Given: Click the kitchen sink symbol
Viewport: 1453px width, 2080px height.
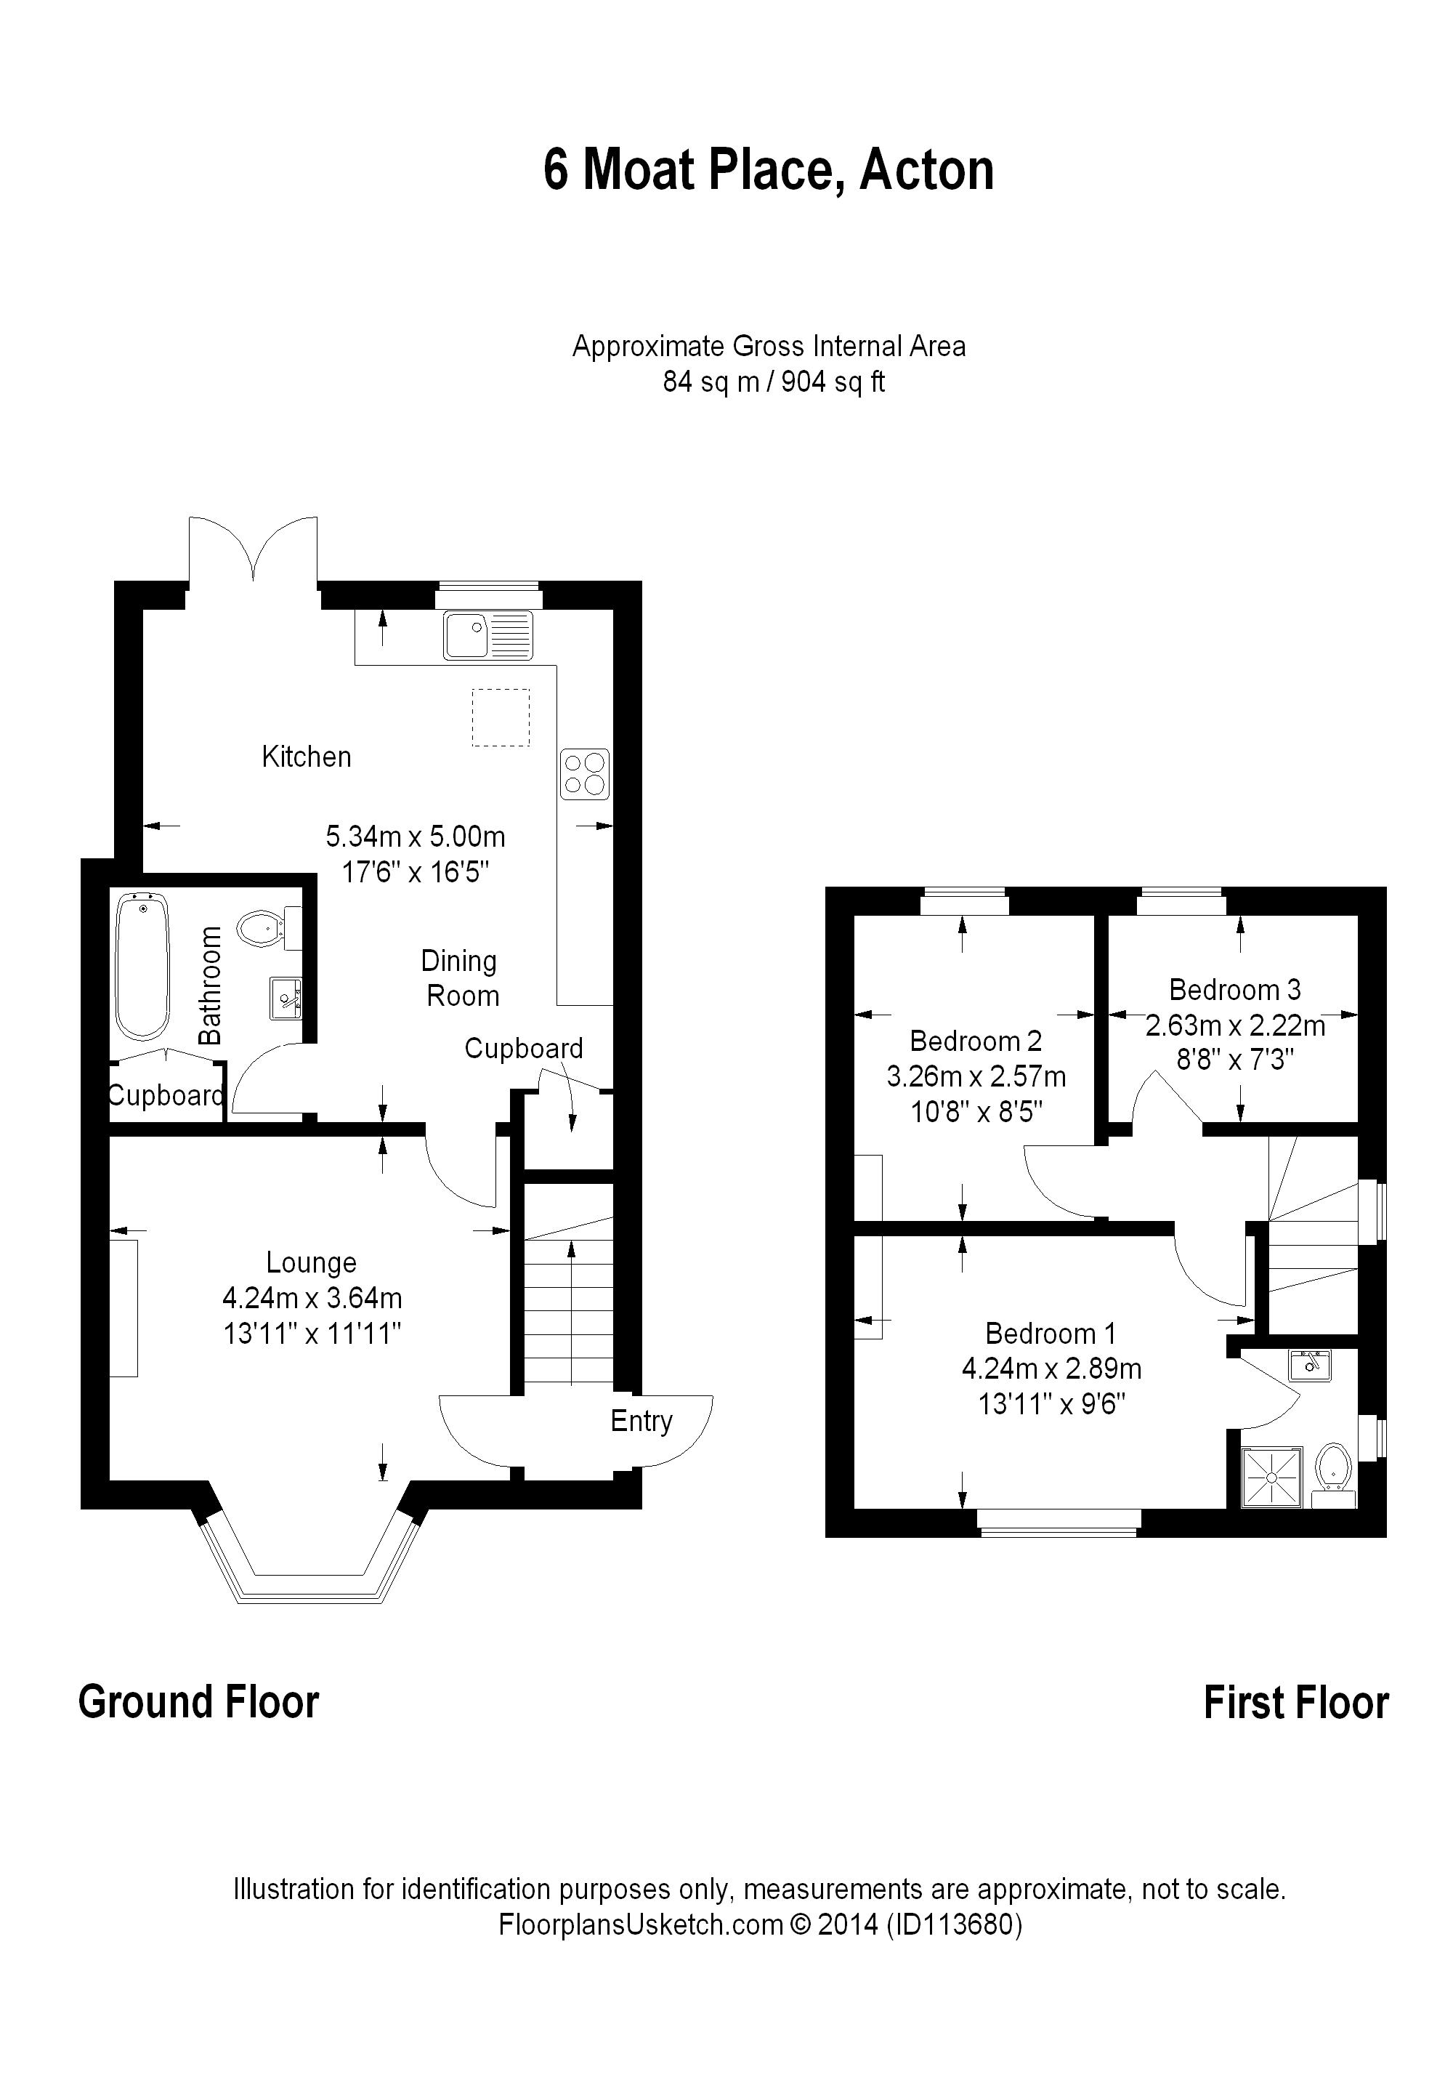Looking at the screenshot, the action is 488,635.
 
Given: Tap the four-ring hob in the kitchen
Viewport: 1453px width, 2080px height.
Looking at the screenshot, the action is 584,774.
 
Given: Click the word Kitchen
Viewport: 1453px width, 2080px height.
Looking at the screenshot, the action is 306,757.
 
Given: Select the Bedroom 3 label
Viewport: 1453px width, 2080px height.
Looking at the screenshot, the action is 1235,989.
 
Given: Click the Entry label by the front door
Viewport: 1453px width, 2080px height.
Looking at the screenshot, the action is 641,1422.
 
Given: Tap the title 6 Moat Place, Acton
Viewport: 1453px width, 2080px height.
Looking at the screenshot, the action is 768,169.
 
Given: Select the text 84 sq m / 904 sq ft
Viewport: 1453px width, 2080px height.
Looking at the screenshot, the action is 774,382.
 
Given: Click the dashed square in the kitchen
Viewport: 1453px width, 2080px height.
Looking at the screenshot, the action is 500,717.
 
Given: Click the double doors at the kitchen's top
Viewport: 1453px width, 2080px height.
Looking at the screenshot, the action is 254,548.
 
